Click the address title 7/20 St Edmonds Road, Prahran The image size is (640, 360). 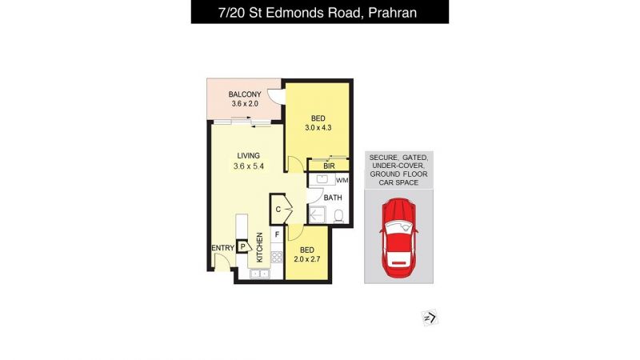coord(318,13)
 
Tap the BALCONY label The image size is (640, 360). coord(245,94)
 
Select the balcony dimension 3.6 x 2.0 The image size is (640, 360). coord(245,104)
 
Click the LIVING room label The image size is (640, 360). coord(249,155)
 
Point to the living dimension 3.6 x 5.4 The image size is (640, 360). coord(249,166)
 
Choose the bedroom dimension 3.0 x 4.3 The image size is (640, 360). coord(318,127)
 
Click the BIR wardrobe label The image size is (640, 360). coord(329,166)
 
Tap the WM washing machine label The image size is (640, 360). coord(342,180)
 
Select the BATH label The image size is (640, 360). coord(333,198)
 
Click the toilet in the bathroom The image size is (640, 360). coord(338,215)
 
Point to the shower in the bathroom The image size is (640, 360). coord(317,214)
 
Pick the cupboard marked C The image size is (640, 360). coord(280,209)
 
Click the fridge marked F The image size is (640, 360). coord(277,234)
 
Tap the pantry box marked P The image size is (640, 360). coord(243,246)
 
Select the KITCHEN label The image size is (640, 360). coord(259,247)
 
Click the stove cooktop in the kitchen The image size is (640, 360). coord(277,257)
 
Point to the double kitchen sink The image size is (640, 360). coord(259,274)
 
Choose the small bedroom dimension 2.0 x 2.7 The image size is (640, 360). coord(307,258)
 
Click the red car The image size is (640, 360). coord(398,237)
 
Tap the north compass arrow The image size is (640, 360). coord(430,318)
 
